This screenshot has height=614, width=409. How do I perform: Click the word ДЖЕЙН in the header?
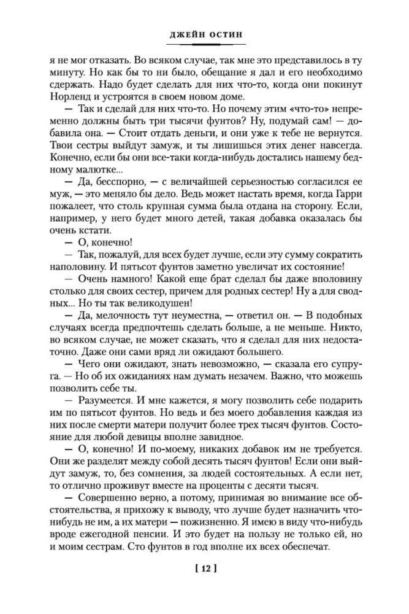point(185,35)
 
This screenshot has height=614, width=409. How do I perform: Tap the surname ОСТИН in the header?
point(224,35)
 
